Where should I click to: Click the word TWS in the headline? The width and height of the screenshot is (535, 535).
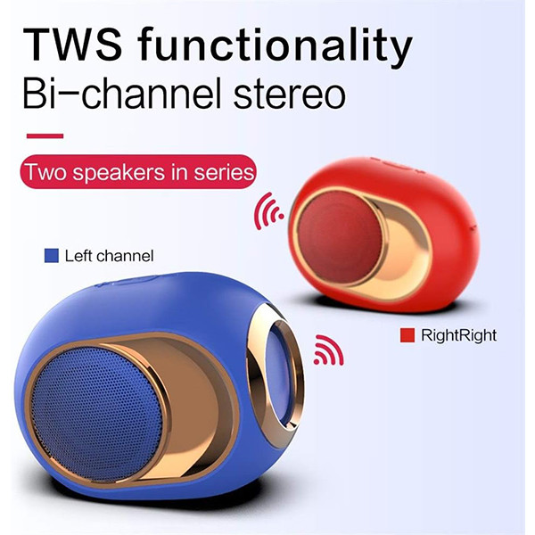73,45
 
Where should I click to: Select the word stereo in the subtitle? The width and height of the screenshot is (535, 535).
289,92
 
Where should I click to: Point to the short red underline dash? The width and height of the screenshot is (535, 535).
45,136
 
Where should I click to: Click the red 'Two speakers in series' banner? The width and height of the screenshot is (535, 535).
138,171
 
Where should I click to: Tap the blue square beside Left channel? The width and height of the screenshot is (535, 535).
52,256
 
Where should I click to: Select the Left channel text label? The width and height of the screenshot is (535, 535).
109,256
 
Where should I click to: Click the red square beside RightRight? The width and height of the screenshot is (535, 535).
407,335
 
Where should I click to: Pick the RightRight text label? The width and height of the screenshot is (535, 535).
458,335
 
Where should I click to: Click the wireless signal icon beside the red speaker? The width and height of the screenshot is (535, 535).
267,210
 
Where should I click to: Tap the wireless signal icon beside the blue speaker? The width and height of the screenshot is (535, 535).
328,350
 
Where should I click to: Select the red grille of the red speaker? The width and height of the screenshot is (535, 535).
339,237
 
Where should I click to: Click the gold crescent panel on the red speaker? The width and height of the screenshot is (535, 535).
403,249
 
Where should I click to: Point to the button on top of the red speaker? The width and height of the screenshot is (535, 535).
396,165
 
